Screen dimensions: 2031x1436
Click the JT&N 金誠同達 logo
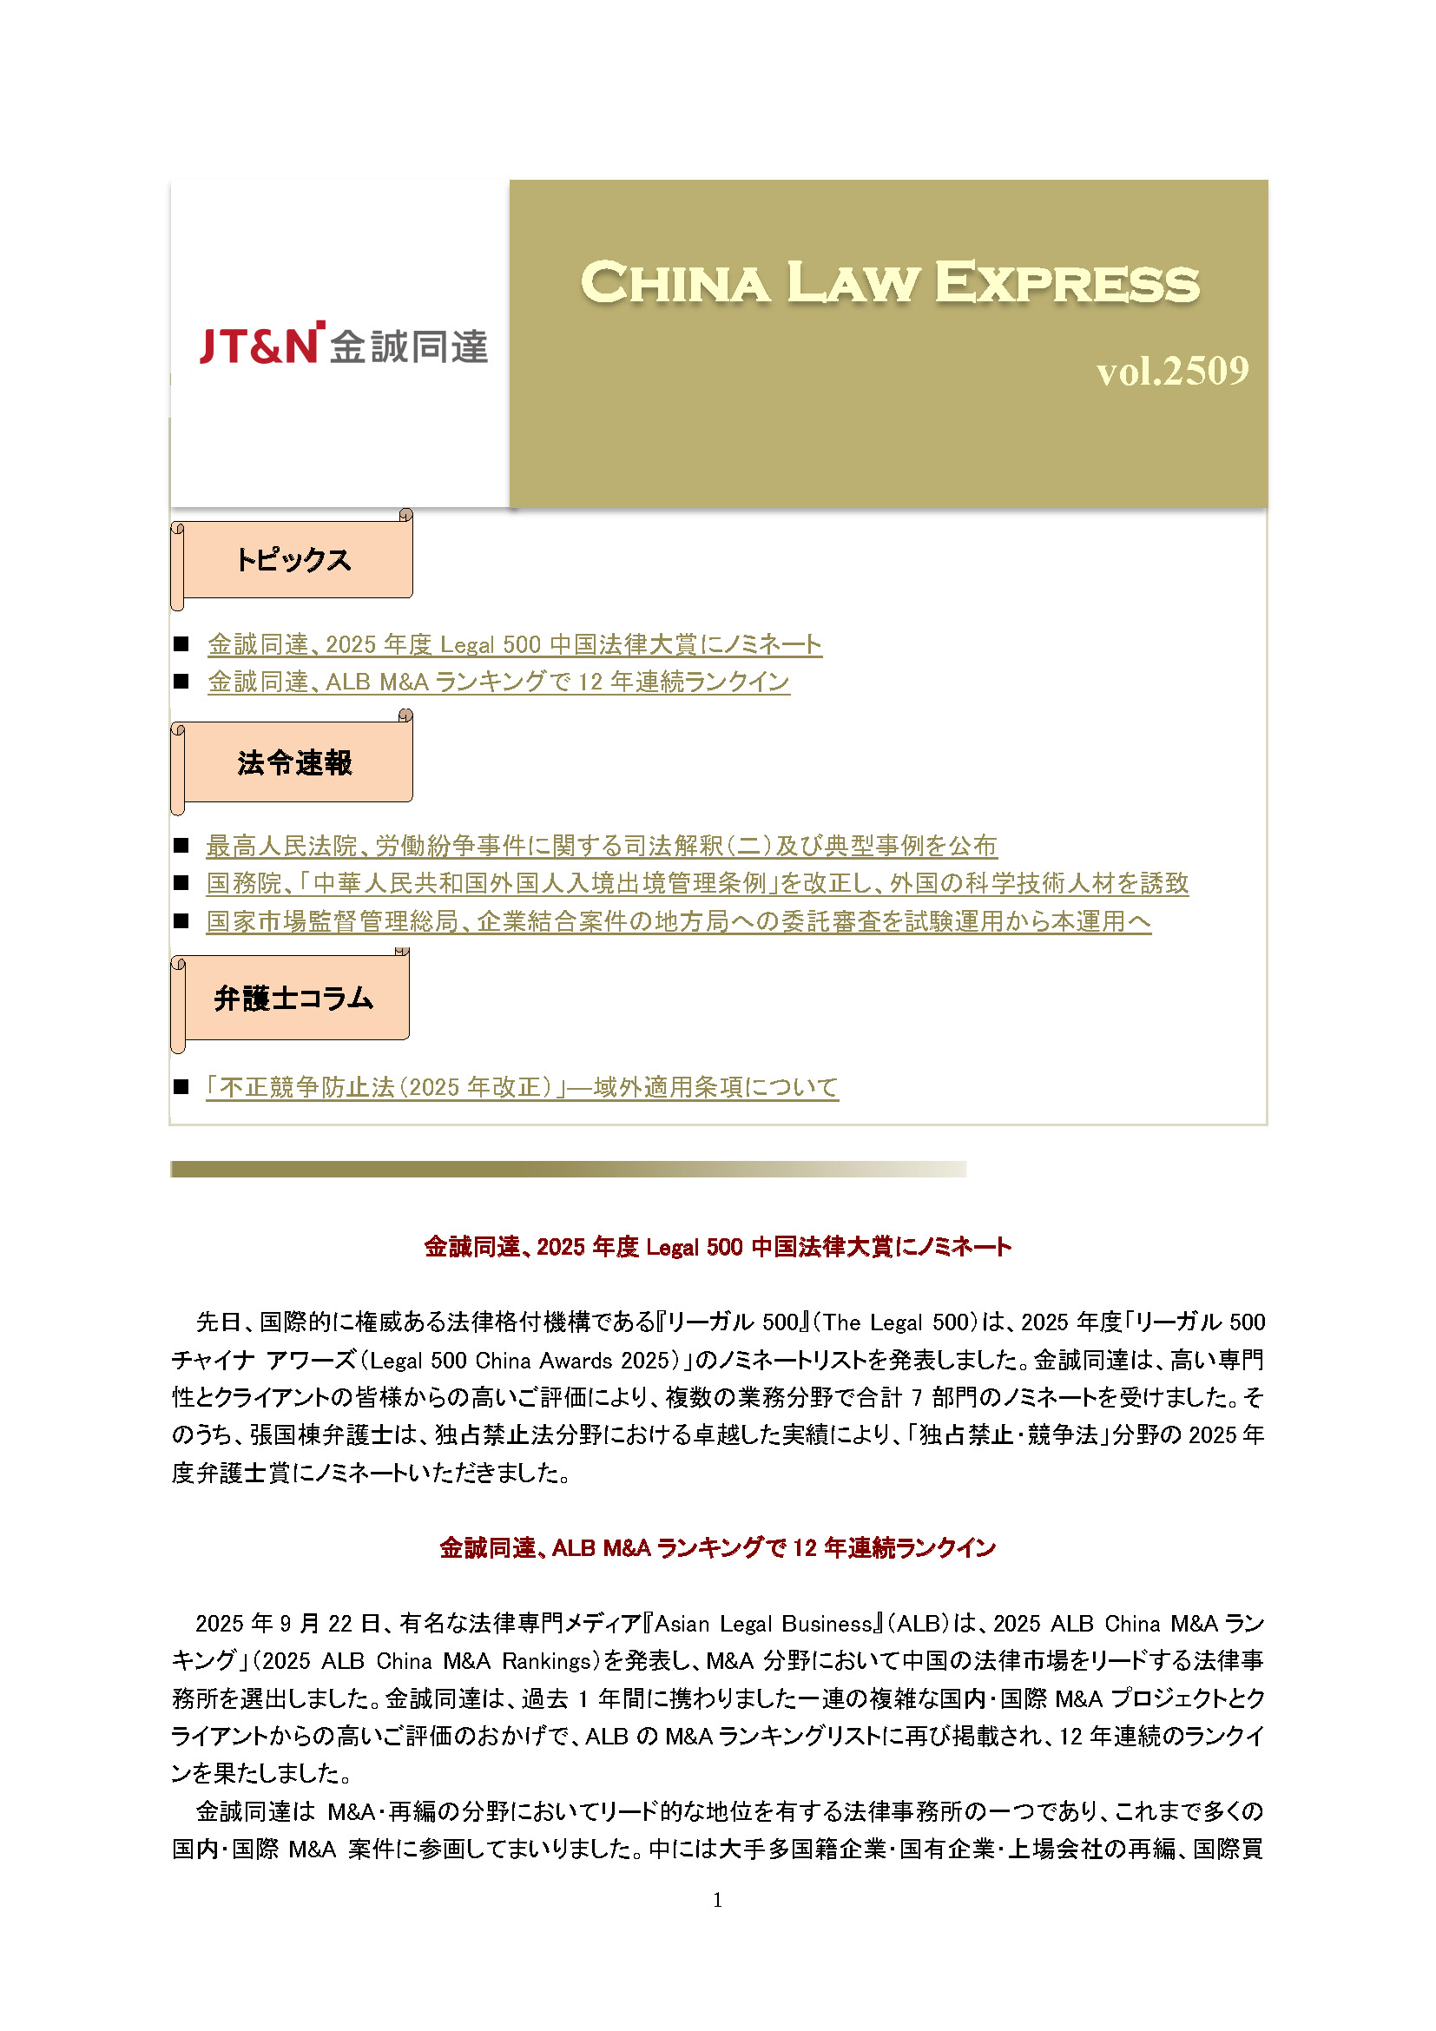tap(343, 344)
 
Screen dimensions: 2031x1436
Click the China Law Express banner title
tap(890, 283)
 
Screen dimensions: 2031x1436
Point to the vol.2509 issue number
tap(1171, 372)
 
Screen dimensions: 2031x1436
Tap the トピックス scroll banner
tap(293, 560)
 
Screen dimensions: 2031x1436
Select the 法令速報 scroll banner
tap(294, 762)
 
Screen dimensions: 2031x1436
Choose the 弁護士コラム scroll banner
tap(293, 999)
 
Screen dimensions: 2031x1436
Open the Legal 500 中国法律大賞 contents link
tap(514, 645)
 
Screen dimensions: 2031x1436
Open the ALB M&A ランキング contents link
tap(497, 682)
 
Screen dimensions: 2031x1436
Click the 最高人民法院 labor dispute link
tap(602, 847)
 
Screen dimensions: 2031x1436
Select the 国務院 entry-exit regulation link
tap(697, 884)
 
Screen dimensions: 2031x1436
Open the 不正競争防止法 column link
tap(522, 1087)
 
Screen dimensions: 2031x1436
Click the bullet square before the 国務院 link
tap(182, 883)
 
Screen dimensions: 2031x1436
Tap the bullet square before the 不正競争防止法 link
tap(182, 1087)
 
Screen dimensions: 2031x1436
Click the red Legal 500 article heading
tap(717, 1247)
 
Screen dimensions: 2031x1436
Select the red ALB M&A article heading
tap(717, 1548)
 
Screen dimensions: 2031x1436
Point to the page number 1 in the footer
tap(717, 1900)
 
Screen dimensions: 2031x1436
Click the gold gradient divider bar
tap(568, 1170)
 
